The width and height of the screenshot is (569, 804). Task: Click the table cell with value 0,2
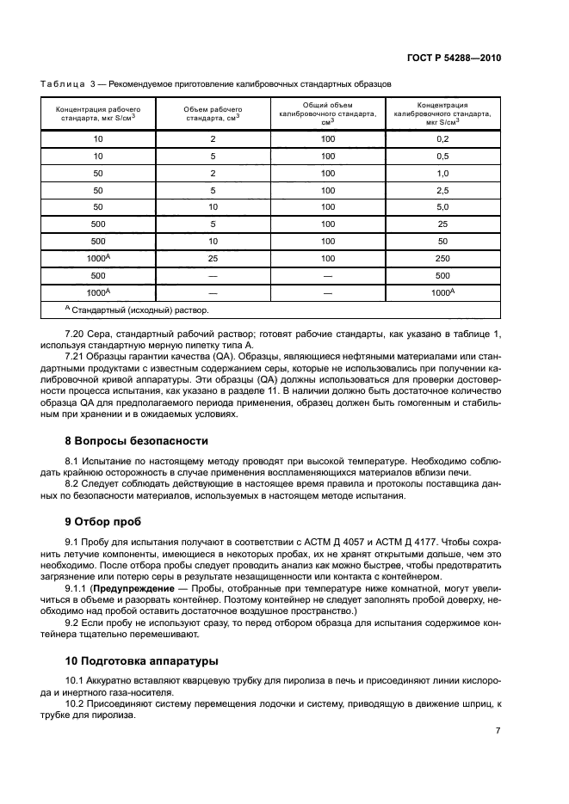442,138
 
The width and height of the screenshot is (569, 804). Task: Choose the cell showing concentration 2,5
442,190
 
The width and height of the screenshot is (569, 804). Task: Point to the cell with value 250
442,258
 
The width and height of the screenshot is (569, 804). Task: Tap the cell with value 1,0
442,173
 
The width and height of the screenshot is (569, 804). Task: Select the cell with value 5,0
442,207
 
